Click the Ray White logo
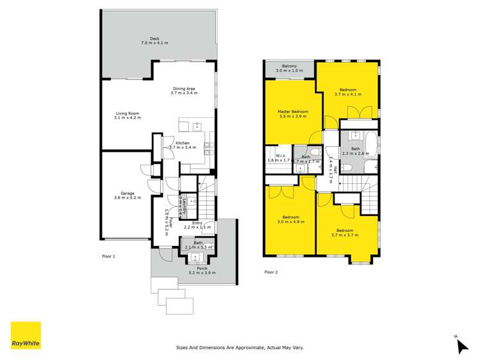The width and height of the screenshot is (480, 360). tap(26, 335)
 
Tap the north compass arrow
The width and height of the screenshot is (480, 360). tap(461, 345)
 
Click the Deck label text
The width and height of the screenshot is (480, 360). tap(154, 40)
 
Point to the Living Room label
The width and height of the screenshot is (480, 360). tap(127, 115)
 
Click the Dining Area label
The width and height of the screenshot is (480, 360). tap(183, 90)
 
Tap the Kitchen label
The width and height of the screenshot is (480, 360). tap(183, 145)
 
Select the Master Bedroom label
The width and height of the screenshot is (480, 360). tap(294, 113)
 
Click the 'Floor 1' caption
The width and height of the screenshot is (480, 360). tap(108, 256)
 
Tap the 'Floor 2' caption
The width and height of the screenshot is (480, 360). tap(271, 272)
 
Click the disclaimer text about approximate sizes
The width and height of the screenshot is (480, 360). tap(240, 347)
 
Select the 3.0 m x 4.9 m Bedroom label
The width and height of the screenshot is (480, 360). tap(291, 220)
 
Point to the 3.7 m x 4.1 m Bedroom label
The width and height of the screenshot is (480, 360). tap(348, 92)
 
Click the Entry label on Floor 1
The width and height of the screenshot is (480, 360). tap(197, 225)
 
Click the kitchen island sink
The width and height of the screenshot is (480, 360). tap(197, 126)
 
